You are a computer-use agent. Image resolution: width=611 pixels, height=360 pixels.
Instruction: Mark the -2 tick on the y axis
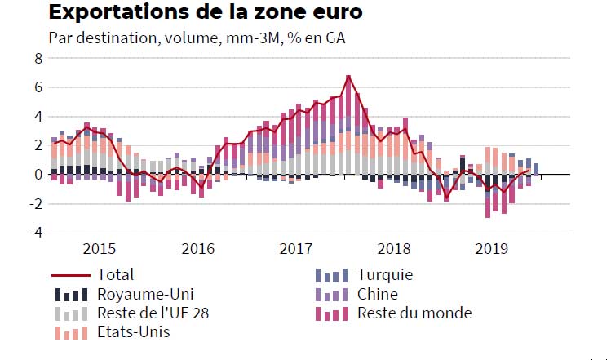point(34,203)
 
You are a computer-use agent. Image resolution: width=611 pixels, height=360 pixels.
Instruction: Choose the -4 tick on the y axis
point(34,233)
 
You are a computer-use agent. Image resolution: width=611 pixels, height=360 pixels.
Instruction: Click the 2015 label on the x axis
point(100,249)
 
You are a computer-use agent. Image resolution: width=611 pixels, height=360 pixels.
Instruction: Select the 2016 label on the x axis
point(197,249)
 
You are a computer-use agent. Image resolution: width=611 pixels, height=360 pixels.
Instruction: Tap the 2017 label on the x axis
point(295,249)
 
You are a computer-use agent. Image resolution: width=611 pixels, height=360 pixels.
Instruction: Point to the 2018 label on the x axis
point(394,249)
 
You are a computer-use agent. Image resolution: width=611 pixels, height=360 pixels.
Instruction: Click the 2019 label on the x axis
point(492,249)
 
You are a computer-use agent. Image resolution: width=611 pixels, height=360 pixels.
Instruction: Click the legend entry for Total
point(115,275)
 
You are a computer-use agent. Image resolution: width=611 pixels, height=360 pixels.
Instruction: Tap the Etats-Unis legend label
point(133,333)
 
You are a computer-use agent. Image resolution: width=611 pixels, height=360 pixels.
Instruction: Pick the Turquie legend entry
point(385,275)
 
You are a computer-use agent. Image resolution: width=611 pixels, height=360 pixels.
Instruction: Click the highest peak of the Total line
point(348,77)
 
